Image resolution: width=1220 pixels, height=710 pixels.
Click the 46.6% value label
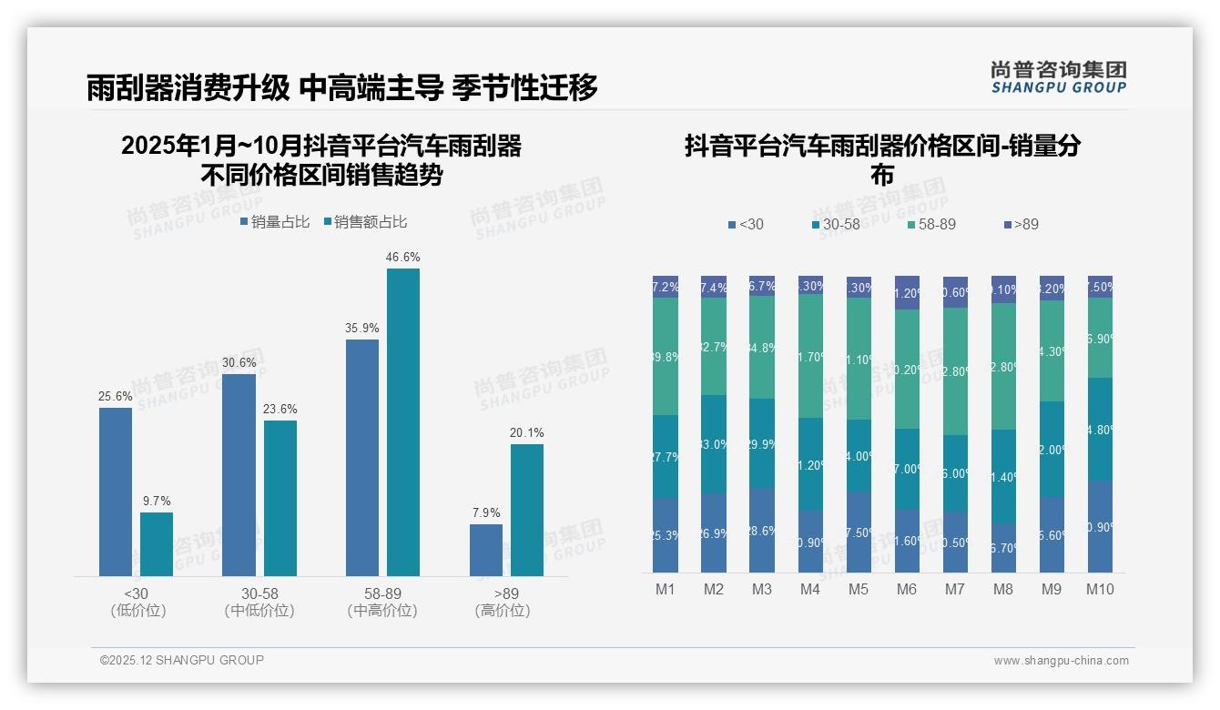(402, 258)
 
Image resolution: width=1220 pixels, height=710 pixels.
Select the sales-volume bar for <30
(116, 492)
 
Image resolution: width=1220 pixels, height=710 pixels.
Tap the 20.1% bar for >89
(526, 510)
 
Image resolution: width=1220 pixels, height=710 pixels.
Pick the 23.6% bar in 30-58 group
(280, 498)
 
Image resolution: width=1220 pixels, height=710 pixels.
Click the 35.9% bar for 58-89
(362, 457)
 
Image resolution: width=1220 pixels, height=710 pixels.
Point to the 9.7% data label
(157, 501)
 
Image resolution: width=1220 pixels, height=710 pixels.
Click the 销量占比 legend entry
(274, 221)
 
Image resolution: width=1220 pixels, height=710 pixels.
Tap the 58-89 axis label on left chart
(382, 593)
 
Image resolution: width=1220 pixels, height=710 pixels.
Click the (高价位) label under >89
(503, 611)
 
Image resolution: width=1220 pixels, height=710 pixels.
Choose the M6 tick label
(907, 589)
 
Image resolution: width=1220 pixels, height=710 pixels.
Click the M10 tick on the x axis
(1100, 589)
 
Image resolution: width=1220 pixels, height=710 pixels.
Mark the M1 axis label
(666, 589)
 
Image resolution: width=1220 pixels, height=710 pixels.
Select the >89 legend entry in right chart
(1021, 224)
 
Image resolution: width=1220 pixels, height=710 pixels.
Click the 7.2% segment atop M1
(666, 287)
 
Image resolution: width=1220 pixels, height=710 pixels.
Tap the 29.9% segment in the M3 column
(762, 443)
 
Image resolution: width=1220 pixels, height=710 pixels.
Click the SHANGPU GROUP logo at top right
(1058, 76)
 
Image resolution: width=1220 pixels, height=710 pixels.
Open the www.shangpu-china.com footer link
(1061, 661)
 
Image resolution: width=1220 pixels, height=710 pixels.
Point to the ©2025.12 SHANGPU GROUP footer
(182, 660)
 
